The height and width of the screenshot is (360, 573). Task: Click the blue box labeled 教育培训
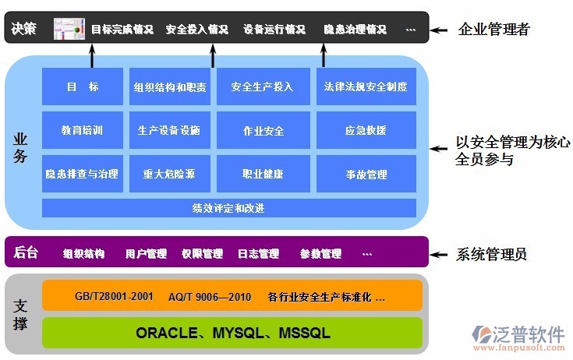point(83,130)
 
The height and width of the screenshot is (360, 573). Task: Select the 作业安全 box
point(264,130)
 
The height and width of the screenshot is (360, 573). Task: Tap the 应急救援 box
point(366,130)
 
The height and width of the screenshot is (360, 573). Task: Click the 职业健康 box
point(264,174)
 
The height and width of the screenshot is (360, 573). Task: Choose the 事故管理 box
point(366,174)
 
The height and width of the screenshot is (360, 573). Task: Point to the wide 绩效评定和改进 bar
point(228,208)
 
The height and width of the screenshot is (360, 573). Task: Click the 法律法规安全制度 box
point(366,86)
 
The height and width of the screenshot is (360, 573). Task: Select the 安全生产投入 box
point(264,86)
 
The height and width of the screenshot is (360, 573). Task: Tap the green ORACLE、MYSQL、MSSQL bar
point(232,333)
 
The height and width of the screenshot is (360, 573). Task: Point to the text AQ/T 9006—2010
point(209,297)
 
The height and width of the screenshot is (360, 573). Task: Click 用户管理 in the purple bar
point(146,253)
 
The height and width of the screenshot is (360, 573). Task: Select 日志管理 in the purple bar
point(258,253)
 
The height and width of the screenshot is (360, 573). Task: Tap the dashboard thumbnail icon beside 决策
point(69,29)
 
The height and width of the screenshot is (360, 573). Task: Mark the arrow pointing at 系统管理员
point(441,253)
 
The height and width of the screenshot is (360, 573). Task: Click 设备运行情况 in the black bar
point(274,30)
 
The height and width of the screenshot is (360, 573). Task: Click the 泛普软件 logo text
point(530,334)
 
